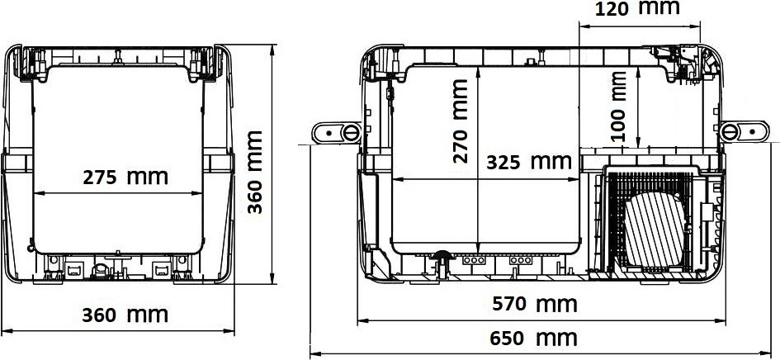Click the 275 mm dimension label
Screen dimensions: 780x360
(125, 178)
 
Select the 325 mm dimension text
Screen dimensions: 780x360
(529, 162)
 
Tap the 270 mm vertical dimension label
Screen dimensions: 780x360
(461, 121)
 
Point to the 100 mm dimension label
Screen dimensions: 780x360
(619, 107)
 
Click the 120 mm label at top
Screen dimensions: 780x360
(637, 8)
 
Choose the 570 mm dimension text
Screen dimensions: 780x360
(535, 304)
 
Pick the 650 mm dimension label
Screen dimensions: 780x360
(533, 339)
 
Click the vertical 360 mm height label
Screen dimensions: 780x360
(255, 173)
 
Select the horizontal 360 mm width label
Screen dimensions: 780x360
(125, 315)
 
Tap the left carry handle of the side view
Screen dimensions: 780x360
(336, 132)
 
